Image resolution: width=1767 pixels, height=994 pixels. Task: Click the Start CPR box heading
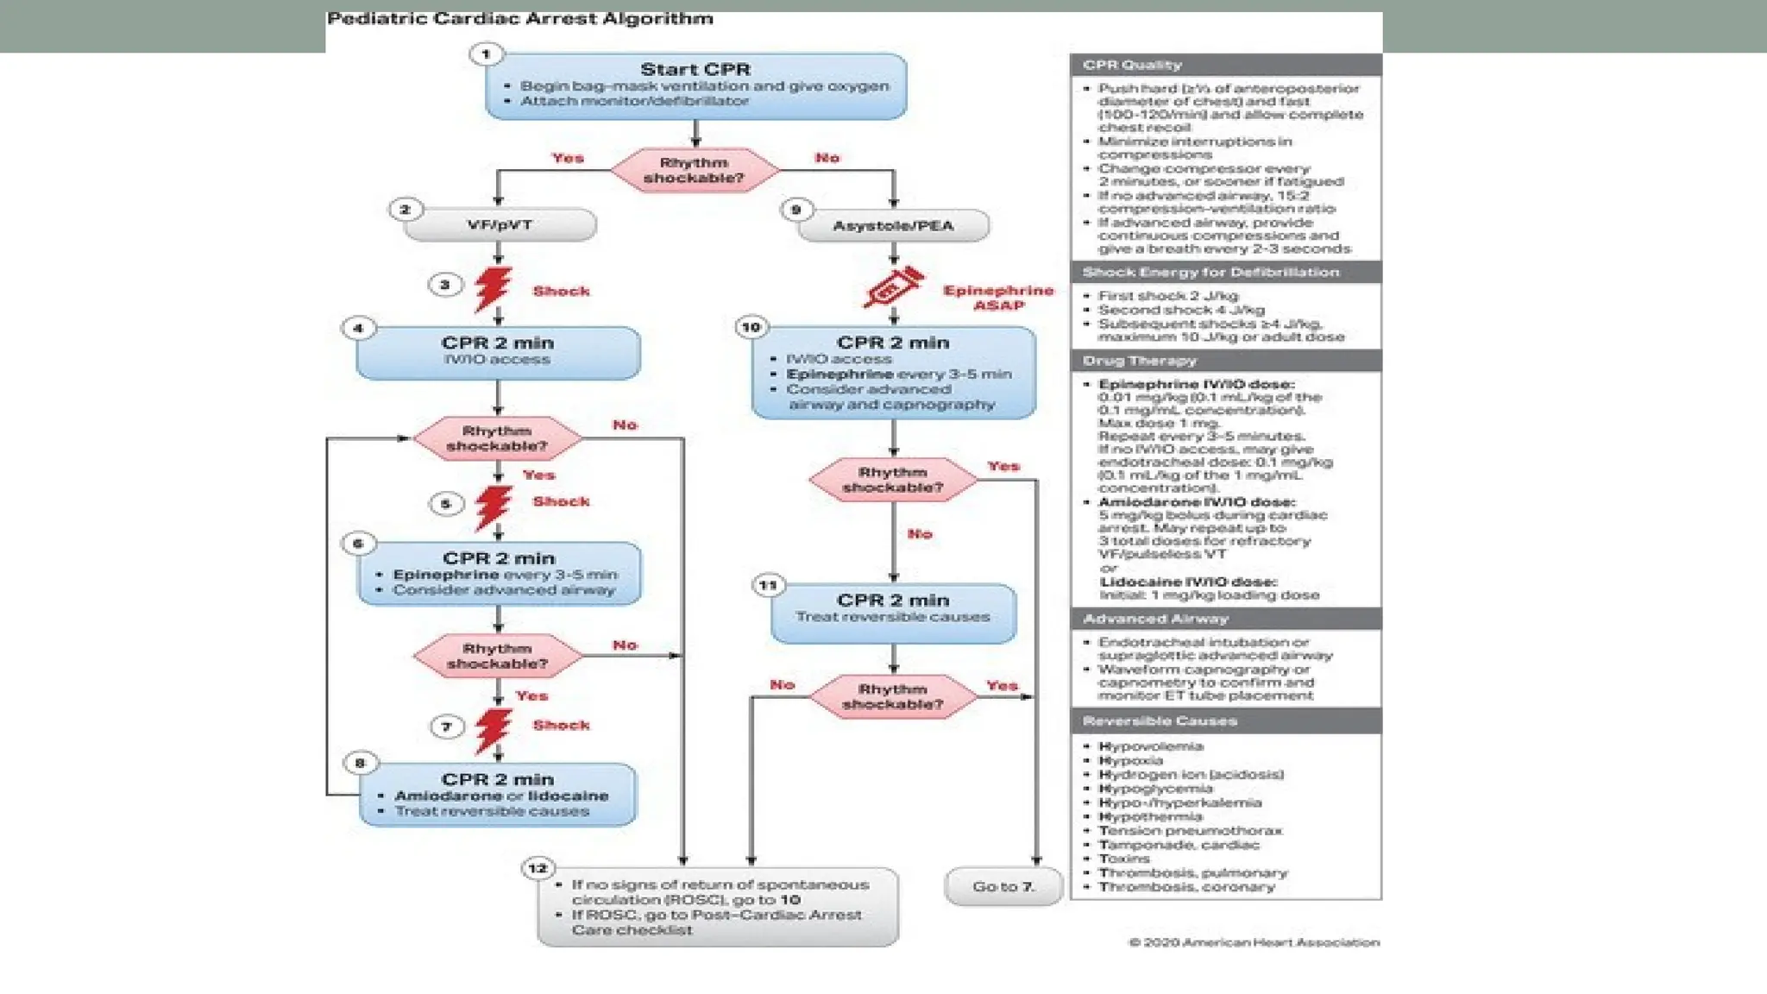click(695, 69)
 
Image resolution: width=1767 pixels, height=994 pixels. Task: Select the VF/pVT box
click(500, 225)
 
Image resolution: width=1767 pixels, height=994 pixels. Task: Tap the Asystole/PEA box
click(893, 226)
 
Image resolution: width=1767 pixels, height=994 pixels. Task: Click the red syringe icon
click(893, 288)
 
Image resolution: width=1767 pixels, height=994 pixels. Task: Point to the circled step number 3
click(445, 285)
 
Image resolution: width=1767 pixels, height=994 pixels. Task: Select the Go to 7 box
click(1003, 887)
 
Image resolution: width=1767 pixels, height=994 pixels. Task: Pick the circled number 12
click(538, 868)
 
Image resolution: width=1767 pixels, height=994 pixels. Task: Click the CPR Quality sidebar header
click(1225, 65)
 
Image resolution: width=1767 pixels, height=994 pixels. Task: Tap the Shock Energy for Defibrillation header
click(1225, 273)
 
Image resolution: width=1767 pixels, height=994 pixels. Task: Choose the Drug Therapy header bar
click(1225, 361)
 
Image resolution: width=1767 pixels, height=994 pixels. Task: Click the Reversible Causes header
click(1225, 720)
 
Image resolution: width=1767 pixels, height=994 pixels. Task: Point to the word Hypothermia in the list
click(1150, 816)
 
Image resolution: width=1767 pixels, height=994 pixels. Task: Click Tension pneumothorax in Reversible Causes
click(1190, 831)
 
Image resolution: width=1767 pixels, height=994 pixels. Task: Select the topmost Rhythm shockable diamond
click(695, 170)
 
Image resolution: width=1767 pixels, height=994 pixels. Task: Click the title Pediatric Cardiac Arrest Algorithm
click(520, 19)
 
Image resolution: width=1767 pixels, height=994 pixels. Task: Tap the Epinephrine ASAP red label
click(998, 298)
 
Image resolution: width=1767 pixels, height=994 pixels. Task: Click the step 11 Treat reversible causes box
click(893, 613)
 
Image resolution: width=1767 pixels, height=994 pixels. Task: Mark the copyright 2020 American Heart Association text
click(1254, 942)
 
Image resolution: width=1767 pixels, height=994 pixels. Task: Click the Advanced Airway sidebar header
click(1225, 619)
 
